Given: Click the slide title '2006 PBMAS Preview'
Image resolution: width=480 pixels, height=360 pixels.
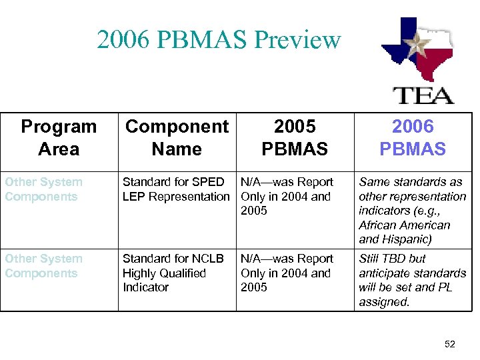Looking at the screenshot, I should [219, 40].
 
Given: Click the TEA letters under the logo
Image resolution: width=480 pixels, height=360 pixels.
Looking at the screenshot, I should [423, 94].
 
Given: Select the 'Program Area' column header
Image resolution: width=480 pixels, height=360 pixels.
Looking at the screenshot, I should [59, 138].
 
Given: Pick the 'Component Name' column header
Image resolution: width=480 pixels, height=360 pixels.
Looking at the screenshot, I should [177, 138].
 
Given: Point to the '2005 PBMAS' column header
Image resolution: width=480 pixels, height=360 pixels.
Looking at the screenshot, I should [295, 138].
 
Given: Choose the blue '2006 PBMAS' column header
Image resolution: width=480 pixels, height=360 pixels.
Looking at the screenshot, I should [413, 138].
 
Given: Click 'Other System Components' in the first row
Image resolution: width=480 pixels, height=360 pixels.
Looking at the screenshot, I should [44, 189].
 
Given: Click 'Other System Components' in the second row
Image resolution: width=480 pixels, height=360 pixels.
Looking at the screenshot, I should [44, 266].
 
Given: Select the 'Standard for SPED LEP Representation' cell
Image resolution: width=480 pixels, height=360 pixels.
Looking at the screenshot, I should [175, 189].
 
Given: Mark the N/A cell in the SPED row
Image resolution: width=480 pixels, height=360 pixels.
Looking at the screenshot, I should [287, 196].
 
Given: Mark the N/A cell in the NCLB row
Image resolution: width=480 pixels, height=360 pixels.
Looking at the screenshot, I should [287, 273].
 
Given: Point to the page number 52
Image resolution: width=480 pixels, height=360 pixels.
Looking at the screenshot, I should [450, 344].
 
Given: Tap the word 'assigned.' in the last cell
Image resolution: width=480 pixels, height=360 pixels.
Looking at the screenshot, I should [384, 302].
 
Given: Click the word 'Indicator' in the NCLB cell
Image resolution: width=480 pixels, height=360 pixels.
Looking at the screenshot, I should [145, 287].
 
